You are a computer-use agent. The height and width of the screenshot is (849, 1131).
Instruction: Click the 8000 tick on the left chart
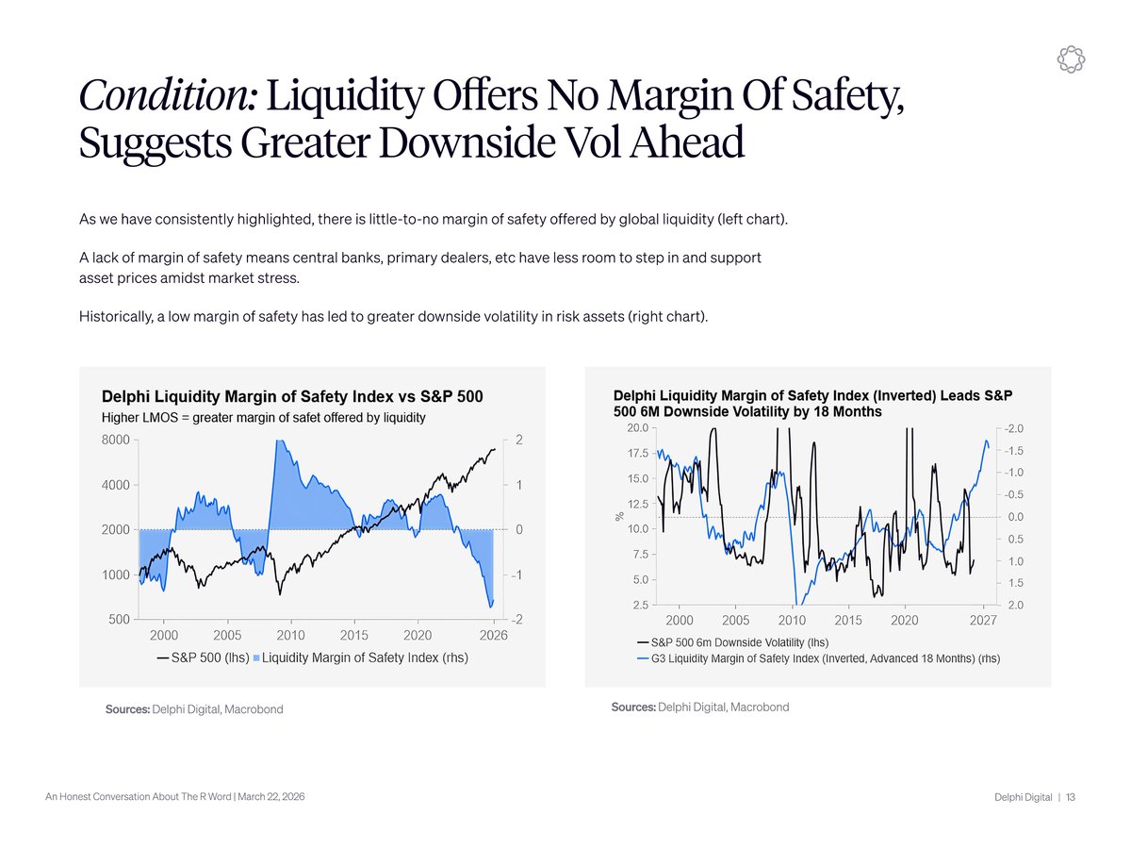(x=116, y=441)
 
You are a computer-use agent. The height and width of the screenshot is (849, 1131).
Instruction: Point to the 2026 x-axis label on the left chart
(x=493, y=636)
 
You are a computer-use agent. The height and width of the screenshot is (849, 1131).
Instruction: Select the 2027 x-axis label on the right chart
(x=983, y=621)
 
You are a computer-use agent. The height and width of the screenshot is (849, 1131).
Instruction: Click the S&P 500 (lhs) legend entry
(x=203, y=658)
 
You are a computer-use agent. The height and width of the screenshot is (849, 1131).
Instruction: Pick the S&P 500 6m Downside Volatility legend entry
(x=733, y=642)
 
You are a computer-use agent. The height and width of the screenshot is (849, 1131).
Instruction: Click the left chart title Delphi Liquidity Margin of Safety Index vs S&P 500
(x=292, y=397)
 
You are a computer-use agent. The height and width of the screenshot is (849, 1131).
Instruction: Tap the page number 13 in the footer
(x=1072, y=798)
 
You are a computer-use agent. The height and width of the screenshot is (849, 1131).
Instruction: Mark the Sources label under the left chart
(x=127, y=709)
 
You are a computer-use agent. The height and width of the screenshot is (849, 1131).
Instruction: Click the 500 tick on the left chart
(x=120, y=620)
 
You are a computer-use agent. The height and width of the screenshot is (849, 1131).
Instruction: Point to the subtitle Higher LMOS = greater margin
(x=263, y=417)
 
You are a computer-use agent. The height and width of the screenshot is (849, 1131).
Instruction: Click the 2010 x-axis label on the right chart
(x=791, y=621)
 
